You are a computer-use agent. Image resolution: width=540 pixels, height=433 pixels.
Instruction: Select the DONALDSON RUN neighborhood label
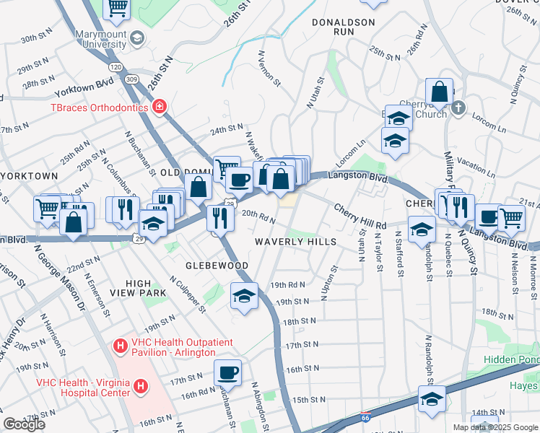[x=344, y=27]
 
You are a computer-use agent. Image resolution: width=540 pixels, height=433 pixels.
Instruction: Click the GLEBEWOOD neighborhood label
[x=216, y=266]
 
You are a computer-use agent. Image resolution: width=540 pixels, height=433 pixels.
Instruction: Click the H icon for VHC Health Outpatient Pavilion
[x=121, y=347]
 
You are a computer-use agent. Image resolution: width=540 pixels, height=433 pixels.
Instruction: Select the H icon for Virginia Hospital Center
[x=141, y=387]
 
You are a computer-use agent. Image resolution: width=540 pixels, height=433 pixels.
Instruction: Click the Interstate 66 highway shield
[x=367, y=417]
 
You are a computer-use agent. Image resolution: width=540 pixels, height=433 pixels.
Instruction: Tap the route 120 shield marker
[x=116, y=66]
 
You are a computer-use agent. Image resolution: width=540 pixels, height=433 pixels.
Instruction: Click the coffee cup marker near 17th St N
[x=228, y=372]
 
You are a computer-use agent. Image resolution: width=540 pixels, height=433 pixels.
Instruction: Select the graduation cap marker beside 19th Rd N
[x=245, y=295]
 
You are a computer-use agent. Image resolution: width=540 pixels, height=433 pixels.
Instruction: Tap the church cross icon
[x=457, y=108]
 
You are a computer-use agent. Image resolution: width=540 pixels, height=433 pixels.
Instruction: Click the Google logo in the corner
[x=24, y=424]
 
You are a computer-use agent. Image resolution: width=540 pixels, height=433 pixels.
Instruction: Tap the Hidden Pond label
[x=510, y=359]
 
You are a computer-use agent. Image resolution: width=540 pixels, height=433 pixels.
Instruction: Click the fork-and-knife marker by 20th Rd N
[x=218, y=217]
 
